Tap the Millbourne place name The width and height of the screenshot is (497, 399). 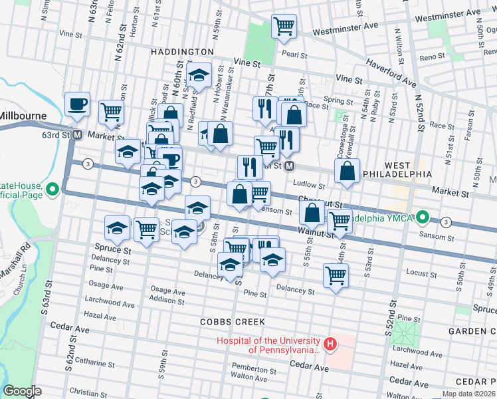23,115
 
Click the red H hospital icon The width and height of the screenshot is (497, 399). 330,344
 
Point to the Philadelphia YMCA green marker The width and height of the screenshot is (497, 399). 422,218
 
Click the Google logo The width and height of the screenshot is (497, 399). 22,391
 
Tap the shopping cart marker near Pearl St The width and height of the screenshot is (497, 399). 284,27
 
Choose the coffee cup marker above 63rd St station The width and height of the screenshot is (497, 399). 77,104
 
